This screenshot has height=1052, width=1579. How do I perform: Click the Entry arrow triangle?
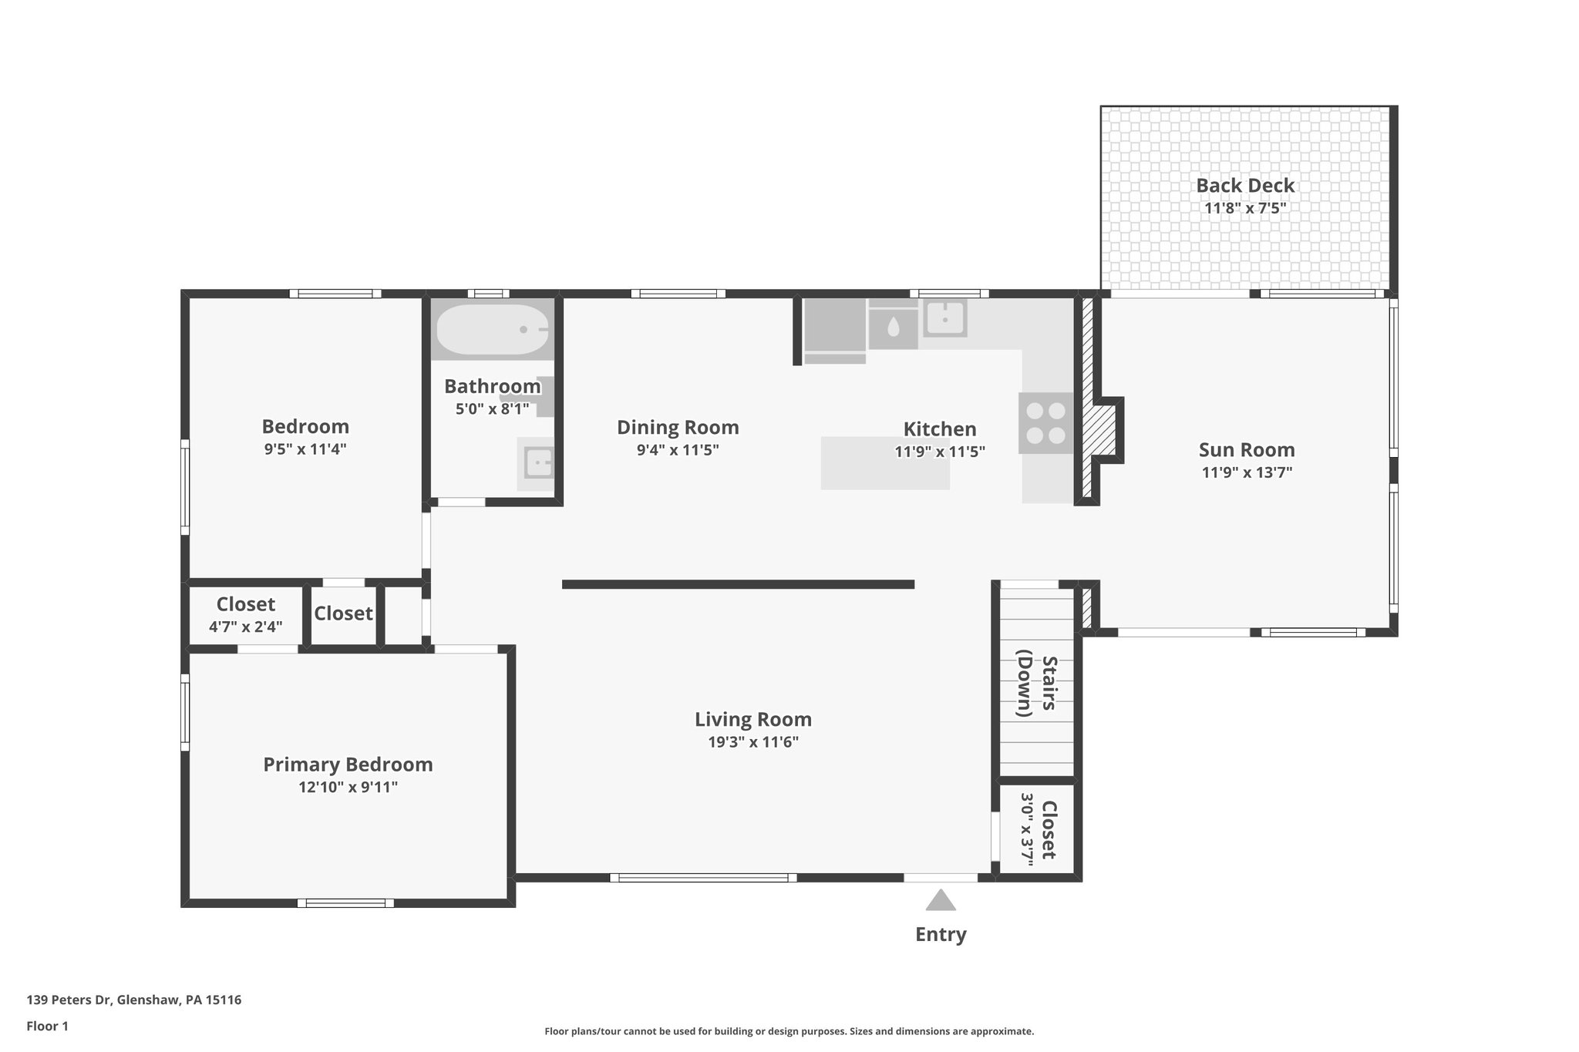940,901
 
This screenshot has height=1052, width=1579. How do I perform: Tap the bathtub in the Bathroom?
493,329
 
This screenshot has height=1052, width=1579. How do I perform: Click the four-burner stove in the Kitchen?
1045,423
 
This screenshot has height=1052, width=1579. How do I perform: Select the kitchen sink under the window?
944,318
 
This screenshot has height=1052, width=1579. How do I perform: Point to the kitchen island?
884,463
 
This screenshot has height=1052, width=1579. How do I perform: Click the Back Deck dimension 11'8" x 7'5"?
1245,208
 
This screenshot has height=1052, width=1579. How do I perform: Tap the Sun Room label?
1246,450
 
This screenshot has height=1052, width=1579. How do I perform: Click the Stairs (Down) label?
1036,686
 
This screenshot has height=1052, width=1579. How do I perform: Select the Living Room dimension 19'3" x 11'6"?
752,742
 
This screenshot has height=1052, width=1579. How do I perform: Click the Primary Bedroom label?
348,765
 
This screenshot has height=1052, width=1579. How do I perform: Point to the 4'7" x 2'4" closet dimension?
245,627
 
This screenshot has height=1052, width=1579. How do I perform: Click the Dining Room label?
678,427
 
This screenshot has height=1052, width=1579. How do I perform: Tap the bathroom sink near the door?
537,463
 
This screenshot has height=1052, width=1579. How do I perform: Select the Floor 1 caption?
48,1026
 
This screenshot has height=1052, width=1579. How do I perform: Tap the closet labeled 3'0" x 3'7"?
1036,829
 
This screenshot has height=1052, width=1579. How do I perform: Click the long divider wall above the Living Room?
738,584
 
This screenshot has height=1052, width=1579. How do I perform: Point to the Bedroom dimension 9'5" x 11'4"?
305,449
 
